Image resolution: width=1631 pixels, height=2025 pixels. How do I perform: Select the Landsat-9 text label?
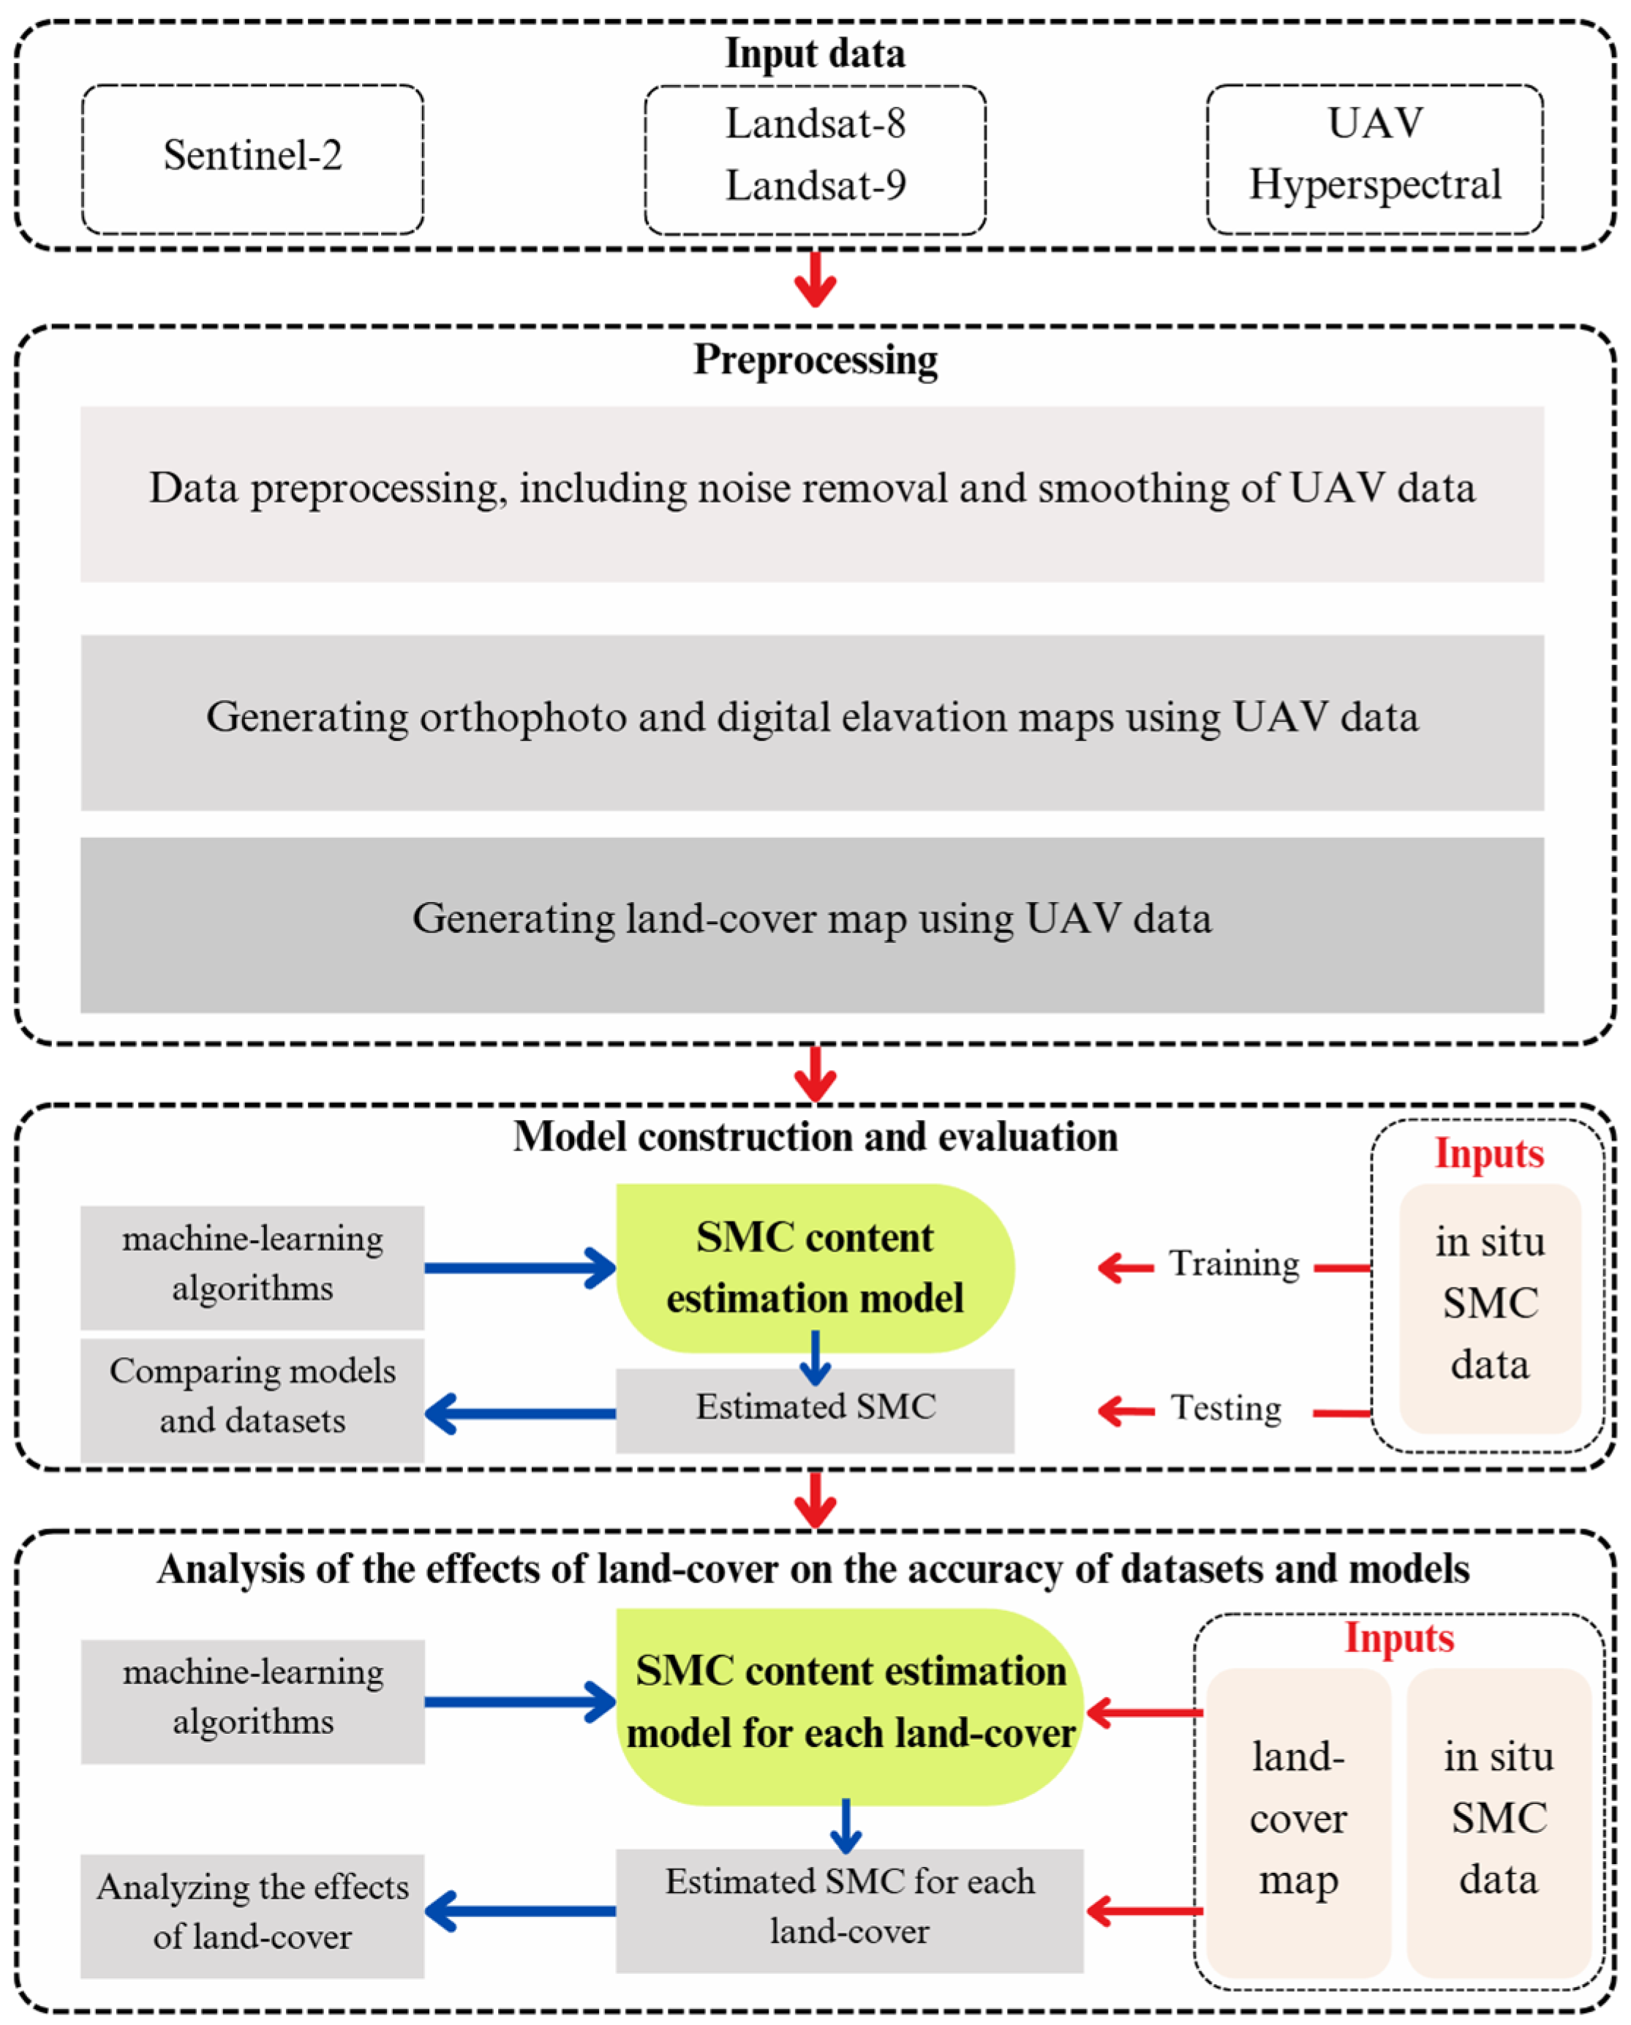(815, 186)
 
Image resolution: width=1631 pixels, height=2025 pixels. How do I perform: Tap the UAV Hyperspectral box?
(1374, 158)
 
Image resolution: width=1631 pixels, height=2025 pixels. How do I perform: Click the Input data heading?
(815, 53)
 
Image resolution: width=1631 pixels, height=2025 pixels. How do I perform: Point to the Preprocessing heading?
(815, 360)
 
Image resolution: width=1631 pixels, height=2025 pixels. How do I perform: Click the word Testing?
(1225, 1408)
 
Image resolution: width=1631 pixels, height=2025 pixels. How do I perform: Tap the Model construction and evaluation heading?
(815, 1138)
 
